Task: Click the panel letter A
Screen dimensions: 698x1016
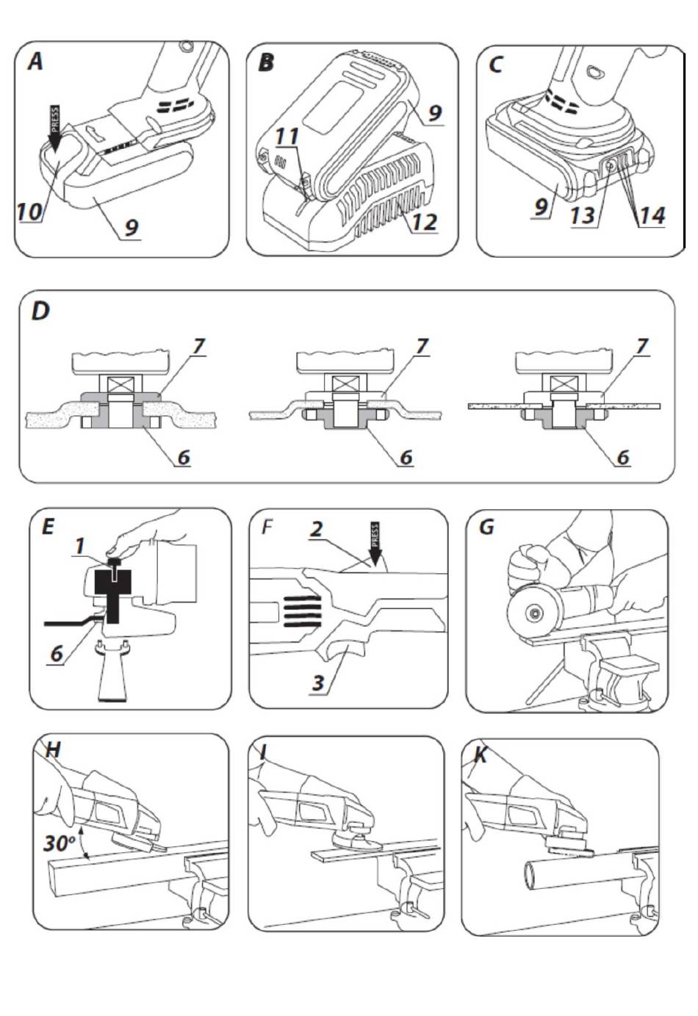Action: click(35, 61)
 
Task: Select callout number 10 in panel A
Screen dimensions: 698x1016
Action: click(30, 211)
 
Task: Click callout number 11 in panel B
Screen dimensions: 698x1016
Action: click(287, 136)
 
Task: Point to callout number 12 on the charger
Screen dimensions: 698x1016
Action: click(425, 222)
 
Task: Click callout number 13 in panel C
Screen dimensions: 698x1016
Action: click(583, 215)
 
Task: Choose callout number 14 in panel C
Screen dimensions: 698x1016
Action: click(652, 215)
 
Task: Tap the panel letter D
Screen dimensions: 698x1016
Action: click(41, 311)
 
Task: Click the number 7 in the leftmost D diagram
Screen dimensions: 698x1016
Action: click(198, 347)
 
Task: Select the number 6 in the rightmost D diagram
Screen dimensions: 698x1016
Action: click(623, 457)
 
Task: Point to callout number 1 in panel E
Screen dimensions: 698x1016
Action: click(80, 546)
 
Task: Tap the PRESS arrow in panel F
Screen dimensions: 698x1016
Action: click(375, 545)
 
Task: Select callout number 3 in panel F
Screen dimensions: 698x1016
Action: click(318, 682)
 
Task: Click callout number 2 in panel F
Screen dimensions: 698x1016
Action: click(316, 530)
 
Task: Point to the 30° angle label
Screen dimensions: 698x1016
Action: click(60, 843)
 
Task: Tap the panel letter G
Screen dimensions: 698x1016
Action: click(486, 527)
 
